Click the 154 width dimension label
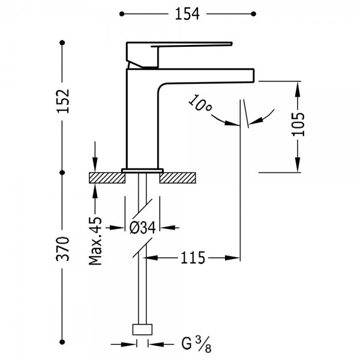coord(187,14)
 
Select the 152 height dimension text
coord(62,101)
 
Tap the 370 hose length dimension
coord(62,248)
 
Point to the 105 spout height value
coord(298,124)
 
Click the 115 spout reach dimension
coord(193,258)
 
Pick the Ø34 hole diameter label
coord(143,227)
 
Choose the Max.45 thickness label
coord(95,241)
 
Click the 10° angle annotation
coord(200,103)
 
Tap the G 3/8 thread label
coord(196,344)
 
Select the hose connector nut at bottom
coord(142,329)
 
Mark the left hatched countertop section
coord(107,178)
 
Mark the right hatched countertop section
coord(178,178)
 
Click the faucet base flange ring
coord(142,170)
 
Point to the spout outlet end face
coord(254,75)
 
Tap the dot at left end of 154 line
coord(122,14)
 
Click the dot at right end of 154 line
coord(253,14)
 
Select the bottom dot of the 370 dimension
coord(62,342)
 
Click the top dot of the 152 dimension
coord(62,43)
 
